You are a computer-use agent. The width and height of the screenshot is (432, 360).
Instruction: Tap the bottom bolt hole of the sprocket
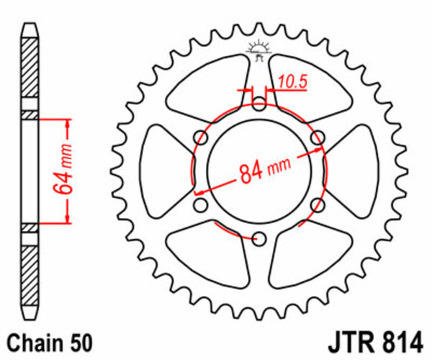click(x=260, y=238)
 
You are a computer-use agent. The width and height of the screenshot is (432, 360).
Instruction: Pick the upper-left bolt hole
click(x=202, y=138)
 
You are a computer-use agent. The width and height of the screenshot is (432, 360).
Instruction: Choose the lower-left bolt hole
click(x=202, y=205)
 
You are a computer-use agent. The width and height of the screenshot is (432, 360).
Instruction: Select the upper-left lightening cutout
click(x=209, y=86)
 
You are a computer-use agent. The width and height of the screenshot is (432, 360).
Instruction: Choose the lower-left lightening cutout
click(x=209, y=256)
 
